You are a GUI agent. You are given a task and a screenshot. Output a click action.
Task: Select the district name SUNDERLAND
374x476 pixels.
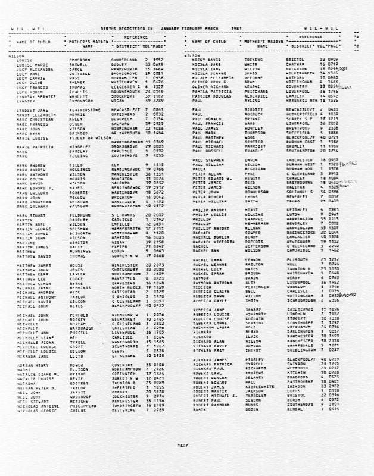[124, 61]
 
